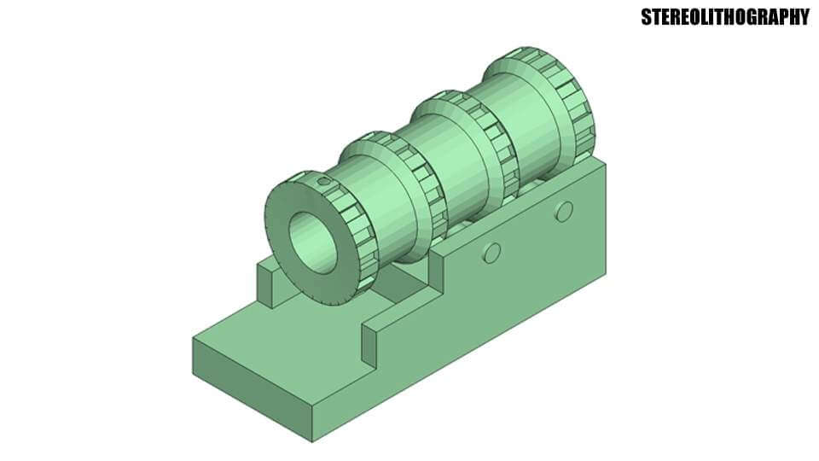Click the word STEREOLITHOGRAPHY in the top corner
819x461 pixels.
724,17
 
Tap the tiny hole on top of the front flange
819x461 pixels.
323,181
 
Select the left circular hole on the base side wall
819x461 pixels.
491,252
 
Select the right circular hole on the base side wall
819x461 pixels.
563,211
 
